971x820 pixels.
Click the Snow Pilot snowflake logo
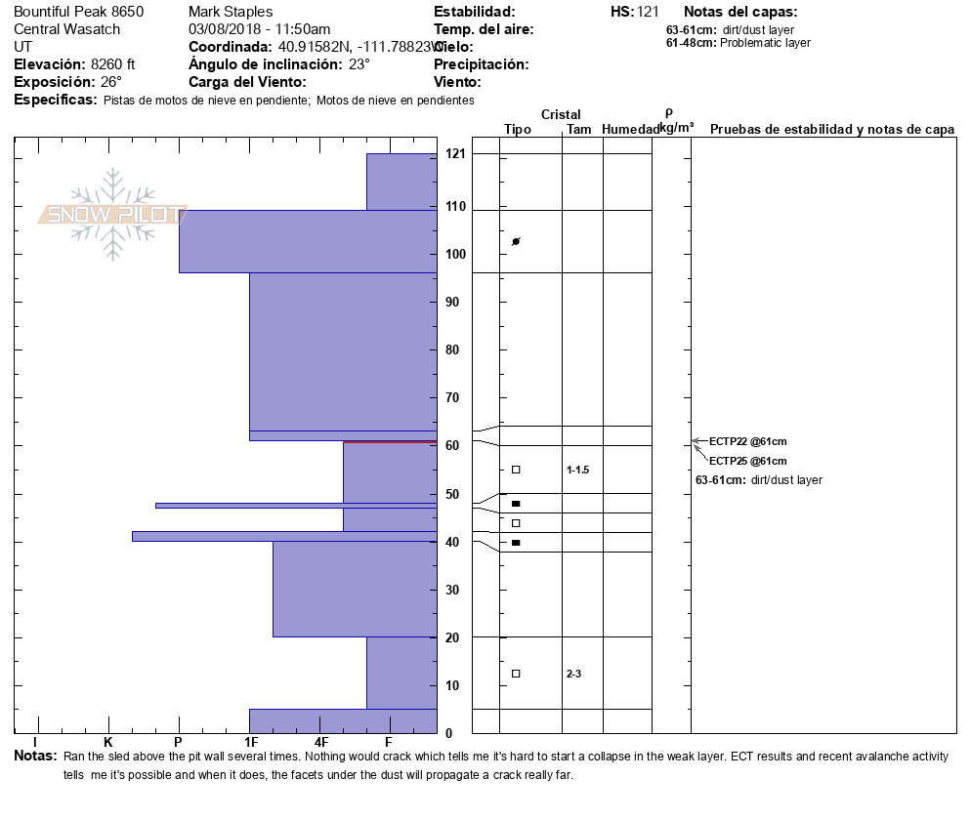pos(113,214)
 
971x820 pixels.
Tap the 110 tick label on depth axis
pos(455,207)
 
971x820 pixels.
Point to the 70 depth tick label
pos(452,397)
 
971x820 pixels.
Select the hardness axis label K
pos(107,742)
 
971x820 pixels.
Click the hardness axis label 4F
pos(320,742)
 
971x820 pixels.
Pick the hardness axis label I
pos(36,742)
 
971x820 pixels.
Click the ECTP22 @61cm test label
pos(747,442)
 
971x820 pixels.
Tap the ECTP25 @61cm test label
pos(747,461)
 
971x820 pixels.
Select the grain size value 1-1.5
pos(578,470)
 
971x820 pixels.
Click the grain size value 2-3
pos(573,674)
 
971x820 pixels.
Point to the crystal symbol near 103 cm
pos(516,241)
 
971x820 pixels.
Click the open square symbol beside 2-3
pos(516,674)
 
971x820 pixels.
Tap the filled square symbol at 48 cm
pos(516,504)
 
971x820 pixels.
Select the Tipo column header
pos(518,130)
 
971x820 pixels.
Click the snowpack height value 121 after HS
pos(648,12)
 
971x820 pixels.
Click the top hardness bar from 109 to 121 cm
pos(401,182)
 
